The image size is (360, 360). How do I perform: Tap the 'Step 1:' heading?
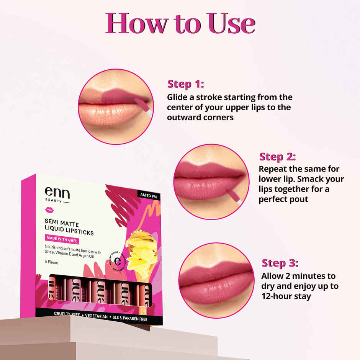point(185,84)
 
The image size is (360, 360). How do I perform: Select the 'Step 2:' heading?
point(277,157)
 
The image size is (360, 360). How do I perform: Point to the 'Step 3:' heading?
point(280,263)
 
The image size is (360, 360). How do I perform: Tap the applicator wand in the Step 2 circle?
point(233,195)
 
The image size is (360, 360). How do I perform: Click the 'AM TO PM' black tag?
point(148,195)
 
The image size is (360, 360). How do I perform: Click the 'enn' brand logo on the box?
point(57,193)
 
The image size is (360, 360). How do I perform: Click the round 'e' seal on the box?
point(118,263)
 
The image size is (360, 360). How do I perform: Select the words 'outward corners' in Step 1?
point(200,117)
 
